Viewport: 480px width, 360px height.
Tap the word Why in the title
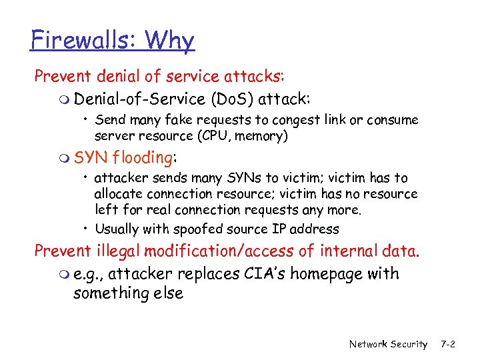tap(169, 42)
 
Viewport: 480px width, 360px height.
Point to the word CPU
tap(218, 137)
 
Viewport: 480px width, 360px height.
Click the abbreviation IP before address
tap(278, 229)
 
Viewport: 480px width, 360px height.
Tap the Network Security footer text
tap(388, 344)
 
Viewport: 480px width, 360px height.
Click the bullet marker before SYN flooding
tap(64, 159)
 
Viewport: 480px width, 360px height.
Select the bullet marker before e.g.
tap(64, 275)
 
